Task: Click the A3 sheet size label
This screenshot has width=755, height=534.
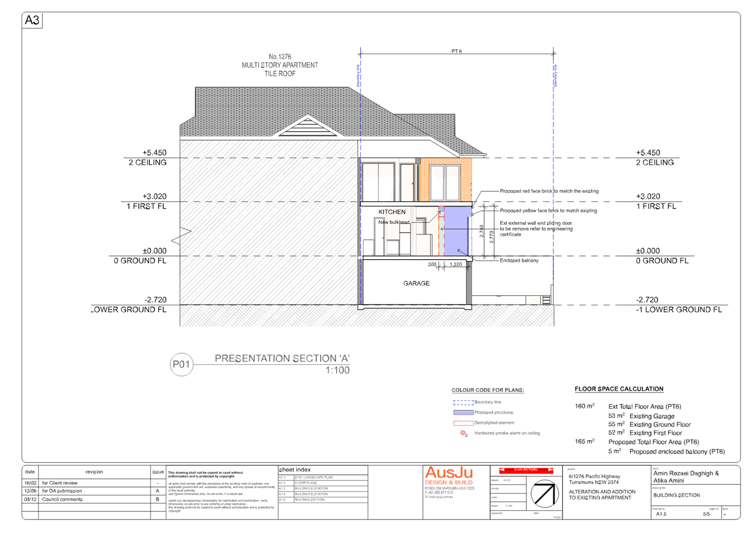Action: [32, 21]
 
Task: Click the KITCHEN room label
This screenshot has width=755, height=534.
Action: [392, 212]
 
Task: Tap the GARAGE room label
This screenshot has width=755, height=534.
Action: [417, 284]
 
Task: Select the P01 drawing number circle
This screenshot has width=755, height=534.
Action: [181, 365]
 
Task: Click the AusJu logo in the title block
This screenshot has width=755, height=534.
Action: [449, 473]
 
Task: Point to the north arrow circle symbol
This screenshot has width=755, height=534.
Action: [544, 494]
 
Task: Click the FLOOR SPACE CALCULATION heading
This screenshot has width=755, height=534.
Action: [618, 389]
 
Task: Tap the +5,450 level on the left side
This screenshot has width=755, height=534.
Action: [154, 153]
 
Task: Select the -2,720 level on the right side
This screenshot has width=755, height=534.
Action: [647, 300]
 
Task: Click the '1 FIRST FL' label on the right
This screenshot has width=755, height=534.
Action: [656, 207]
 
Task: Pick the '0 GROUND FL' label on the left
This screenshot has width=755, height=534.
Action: [140, 261]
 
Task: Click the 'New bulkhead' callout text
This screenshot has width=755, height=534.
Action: [394, 222]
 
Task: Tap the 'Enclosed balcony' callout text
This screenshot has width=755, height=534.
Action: [518, 260]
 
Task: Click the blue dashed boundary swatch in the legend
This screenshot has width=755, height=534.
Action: [463, 402]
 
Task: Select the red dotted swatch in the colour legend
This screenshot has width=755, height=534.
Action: [463, 423]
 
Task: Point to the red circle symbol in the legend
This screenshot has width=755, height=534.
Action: [464, 433]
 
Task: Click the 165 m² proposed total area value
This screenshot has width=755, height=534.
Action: [584, 442]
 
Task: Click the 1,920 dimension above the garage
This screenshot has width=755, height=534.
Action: [455, 265]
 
